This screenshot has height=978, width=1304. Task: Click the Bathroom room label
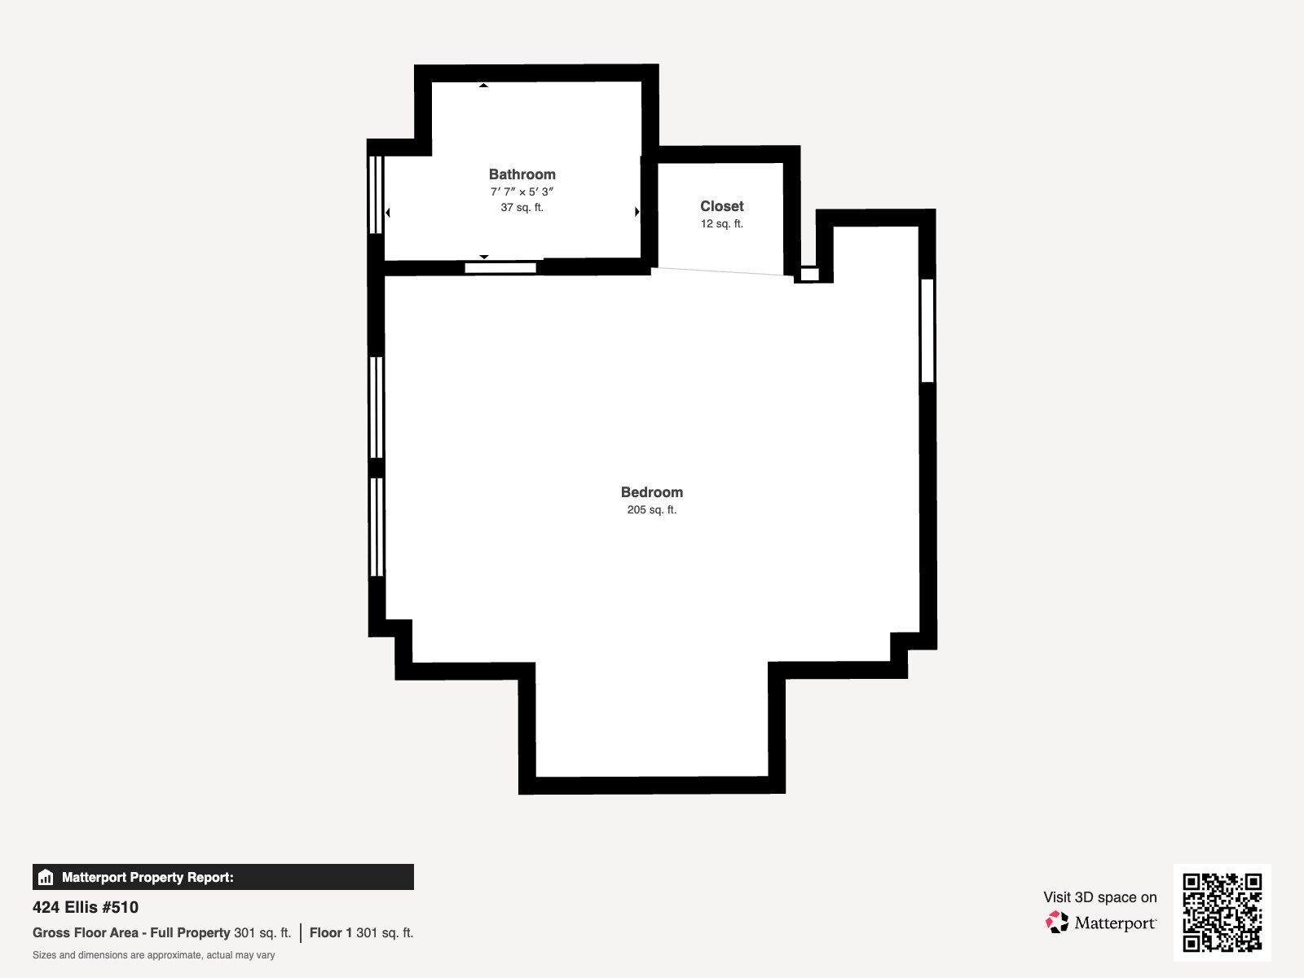[x=522, y=174]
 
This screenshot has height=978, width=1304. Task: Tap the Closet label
[x=722, y=206]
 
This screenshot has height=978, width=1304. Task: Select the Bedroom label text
[x=652, y=492]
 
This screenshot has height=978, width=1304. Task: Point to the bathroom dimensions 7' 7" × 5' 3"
[x=522, y=192]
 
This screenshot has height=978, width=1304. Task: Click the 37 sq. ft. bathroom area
[x=522, y=207]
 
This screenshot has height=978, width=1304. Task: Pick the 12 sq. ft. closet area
[x=722, y=224]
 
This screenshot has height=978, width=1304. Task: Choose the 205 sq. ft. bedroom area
[x=652, y=509]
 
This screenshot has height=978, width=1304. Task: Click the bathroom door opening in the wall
[x=500, y=268]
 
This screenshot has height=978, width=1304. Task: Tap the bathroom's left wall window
[x=376, y=195]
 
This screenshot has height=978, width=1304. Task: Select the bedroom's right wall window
[x=927, y=331]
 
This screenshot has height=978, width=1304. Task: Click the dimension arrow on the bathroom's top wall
[x=483, y=86]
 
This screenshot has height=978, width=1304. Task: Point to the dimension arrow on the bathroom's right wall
[x=637, y=211]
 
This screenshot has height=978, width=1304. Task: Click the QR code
[x=1222, y=913]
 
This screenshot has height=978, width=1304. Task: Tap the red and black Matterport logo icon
[x=1057, y=923]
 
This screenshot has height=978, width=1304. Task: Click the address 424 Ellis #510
[x=86, y=907]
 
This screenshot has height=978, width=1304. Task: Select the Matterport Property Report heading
[x=148, y=877]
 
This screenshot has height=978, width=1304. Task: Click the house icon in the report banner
[x=46, y=877]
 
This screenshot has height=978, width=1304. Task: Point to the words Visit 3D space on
[x=1099, y=897]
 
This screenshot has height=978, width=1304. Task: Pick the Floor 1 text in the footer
[x=331, y=933]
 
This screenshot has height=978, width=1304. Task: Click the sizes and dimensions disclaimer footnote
[x=154, y=955]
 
